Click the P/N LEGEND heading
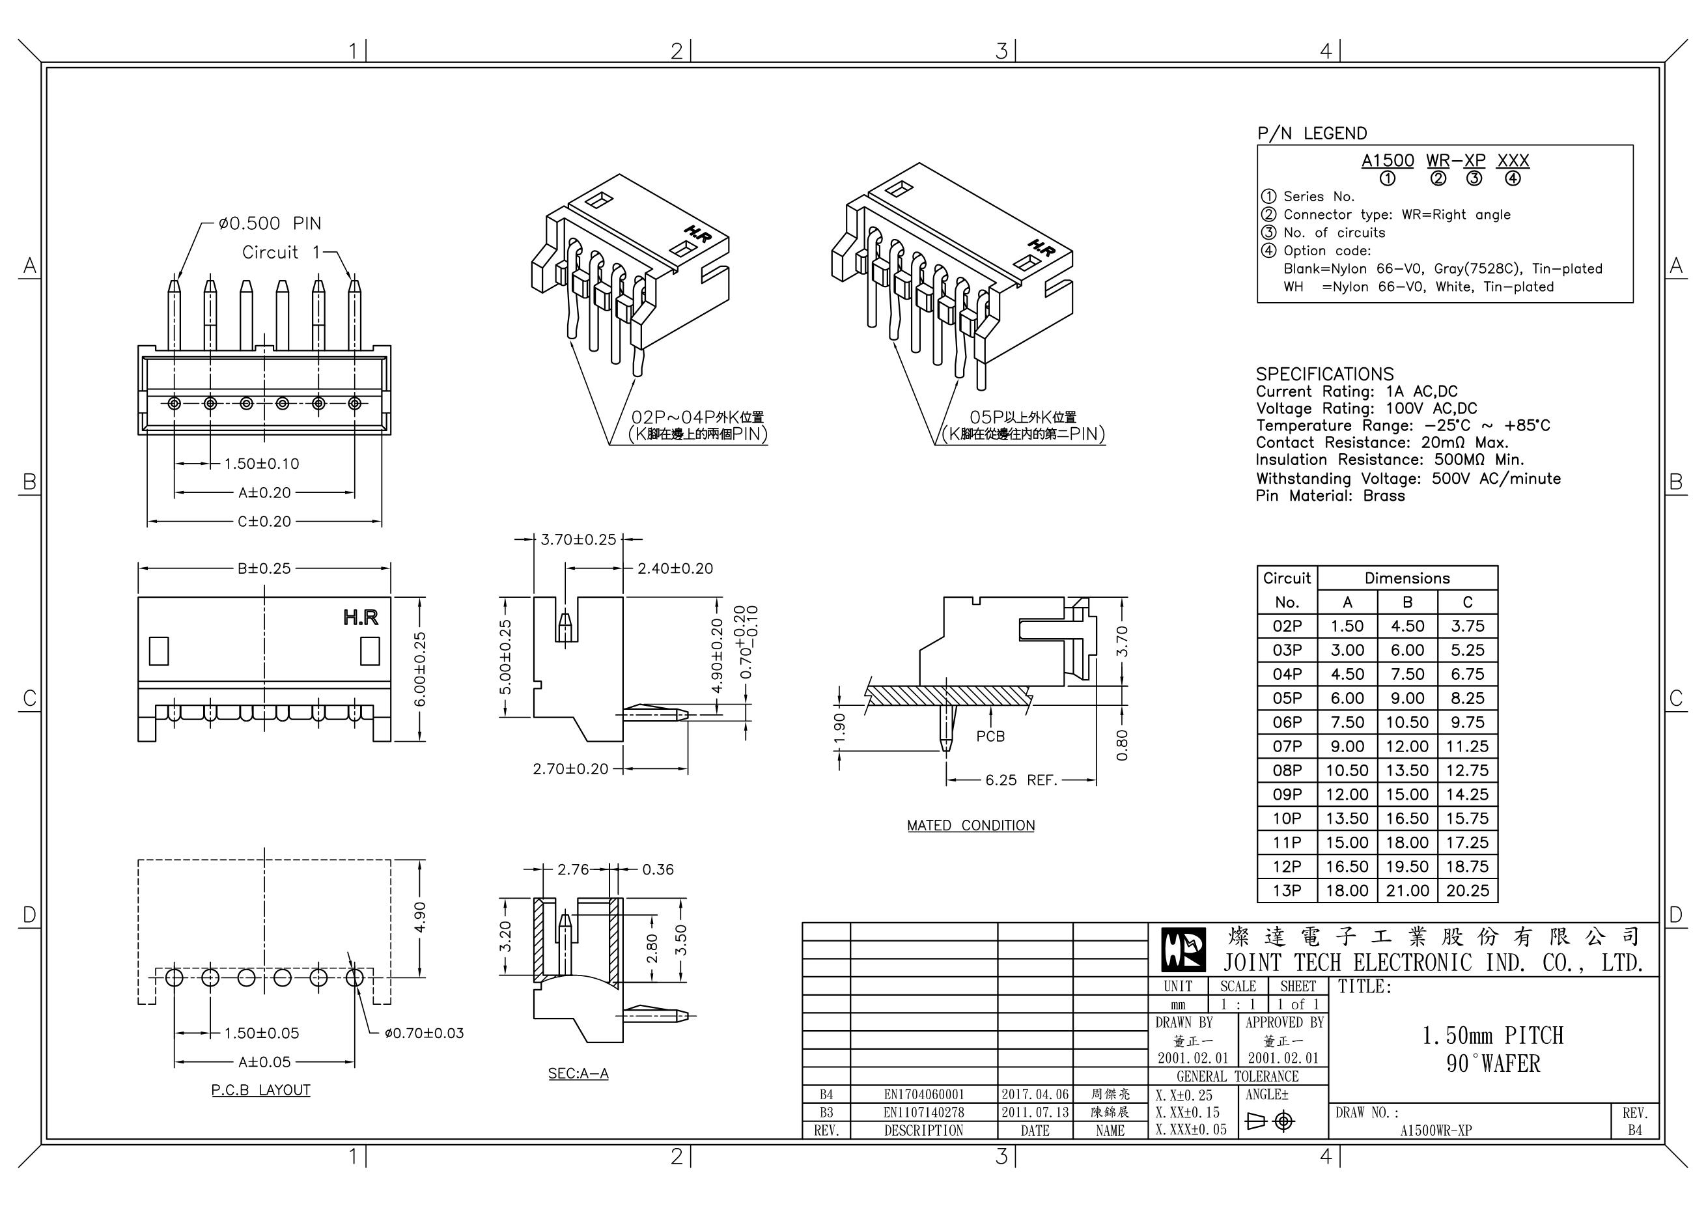pos(1311,133)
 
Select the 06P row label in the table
pos(1287,722)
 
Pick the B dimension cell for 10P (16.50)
pos(1406,818)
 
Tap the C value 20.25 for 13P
pos(1467,890)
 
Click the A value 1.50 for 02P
pos(1347,626)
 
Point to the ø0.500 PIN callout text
pos(270,223)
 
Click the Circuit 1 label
pos(280,253)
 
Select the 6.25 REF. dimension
pos(1021,780)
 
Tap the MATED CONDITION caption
pos(970,826)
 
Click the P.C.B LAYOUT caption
pos(261,1090)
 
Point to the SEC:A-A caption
pos(578,1073)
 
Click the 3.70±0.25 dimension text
pos(578,539)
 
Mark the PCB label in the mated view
pos(990,736)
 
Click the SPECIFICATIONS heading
pos(1324,374)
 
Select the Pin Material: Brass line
pos(1330,496)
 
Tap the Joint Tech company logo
pos(1184,950)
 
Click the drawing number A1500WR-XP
pos(1436,1130)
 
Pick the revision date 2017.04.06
pos(1034,1094)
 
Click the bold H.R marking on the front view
pos(360,617)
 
